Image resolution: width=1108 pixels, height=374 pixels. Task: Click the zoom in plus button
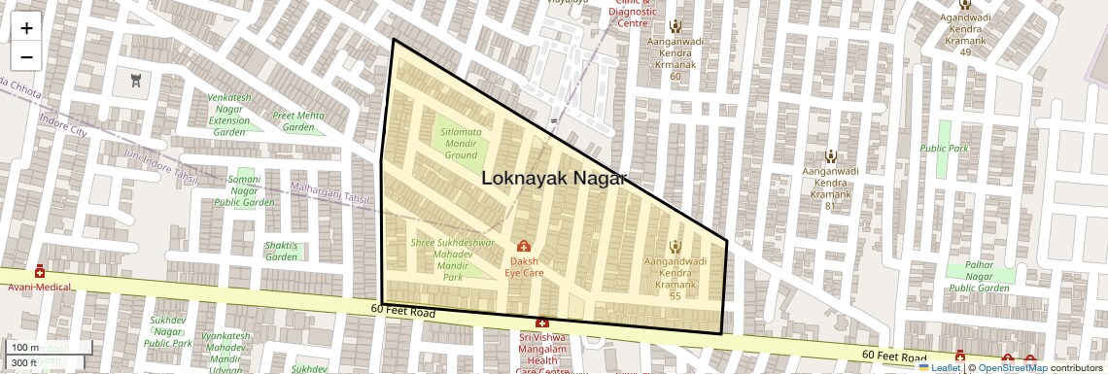(x=26, y=28)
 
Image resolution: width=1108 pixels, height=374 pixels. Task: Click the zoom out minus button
(x=26, y=57)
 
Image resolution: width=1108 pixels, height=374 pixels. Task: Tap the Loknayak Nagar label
(x=554, y=179)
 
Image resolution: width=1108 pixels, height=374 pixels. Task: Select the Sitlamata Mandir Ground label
(x=461, y=143)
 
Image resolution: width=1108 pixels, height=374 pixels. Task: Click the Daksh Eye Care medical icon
(x=523, y=247)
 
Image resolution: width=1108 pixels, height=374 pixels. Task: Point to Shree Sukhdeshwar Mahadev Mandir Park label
(x=453, y=259)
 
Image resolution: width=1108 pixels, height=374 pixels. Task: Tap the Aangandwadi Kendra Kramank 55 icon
(x=675, y=246)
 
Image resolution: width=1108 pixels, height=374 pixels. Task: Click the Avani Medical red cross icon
(x=40, y=271)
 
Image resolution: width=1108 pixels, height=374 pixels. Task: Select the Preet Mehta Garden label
(x=298, y=121)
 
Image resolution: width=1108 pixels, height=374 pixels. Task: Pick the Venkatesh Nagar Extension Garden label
(x=229, y=115)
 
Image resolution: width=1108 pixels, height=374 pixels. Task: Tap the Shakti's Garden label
(x=281, y=251)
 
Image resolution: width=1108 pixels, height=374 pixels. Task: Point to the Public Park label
(x=945, y=149)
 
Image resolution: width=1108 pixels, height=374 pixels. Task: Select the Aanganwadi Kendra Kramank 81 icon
(x=830, y=155)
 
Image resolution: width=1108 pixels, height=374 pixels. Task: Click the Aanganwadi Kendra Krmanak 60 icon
(x=675, y=26)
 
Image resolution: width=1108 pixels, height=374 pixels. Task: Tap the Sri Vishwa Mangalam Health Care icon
(x=542, y=323)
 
